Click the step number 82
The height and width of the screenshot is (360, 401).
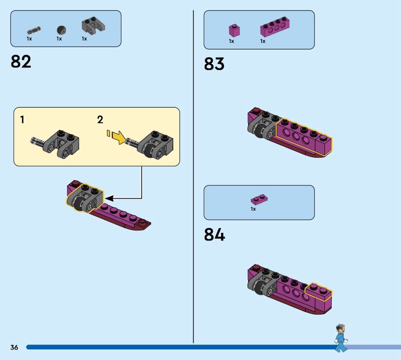[x=21, y=62]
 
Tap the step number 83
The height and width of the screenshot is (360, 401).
[x=214, y=64]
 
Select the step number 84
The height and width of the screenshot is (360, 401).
[x=214, y=235]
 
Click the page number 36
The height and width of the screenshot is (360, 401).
[x=14, y=347]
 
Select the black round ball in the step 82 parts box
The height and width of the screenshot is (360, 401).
[x=61, y=29]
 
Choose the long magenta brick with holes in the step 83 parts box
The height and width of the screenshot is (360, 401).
[x=276, y=29]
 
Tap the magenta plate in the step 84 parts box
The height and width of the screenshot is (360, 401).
[x=260, y=199]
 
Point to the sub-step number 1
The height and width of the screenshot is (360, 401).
[x=22, y=120]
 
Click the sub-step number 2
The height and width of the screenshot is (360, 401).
[x=100, y=120]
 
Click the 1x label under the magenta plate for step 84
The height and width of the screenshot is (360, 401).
[x=253, y=209]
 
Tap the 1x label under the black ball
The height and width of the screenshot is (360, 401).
[x=59, y=39]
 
